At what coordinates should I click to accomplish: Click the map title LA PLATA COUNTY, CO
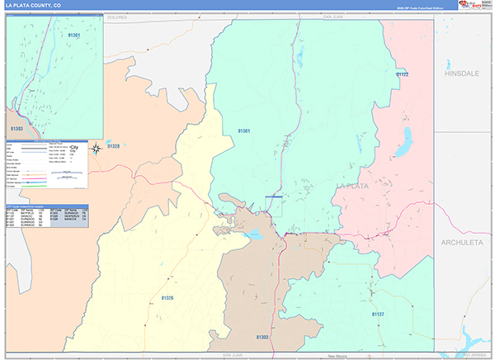[x=34, y=5]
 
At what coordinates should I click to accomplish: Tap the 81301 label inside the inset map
[x=73, y=36]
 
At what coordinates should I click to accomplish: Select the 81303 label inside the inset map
[x=16, y=129]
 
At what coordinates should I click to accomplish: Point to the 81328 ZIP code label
[x=113, y=146]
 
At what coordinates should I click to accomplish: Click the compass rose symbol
[x=96, y=148]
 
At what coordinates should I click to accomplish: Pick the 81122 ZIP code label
[x=402, y=74]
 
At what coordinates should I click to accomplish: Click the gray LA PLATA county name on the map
[x=376, y=187]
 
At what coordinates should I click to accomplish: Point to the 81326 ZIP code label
[x=167, y=297]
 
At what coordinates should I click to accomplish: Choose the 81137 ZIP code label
[x=377, y=315]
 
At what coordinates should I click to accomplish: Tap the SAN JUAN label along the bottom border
[x=232, y=355]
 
